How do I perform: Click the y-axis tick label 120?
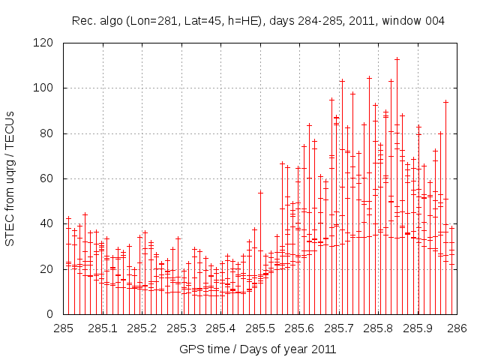click(x=49, y=43)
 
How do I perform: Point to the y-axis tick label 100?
click(x=49, y=88)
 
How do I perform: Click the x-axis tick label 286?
click(x=457, y=328)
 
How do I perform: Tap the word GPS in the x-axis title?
click(x=191, y=349)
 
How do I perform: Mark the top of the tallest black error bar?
click(x=397, y=58)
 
